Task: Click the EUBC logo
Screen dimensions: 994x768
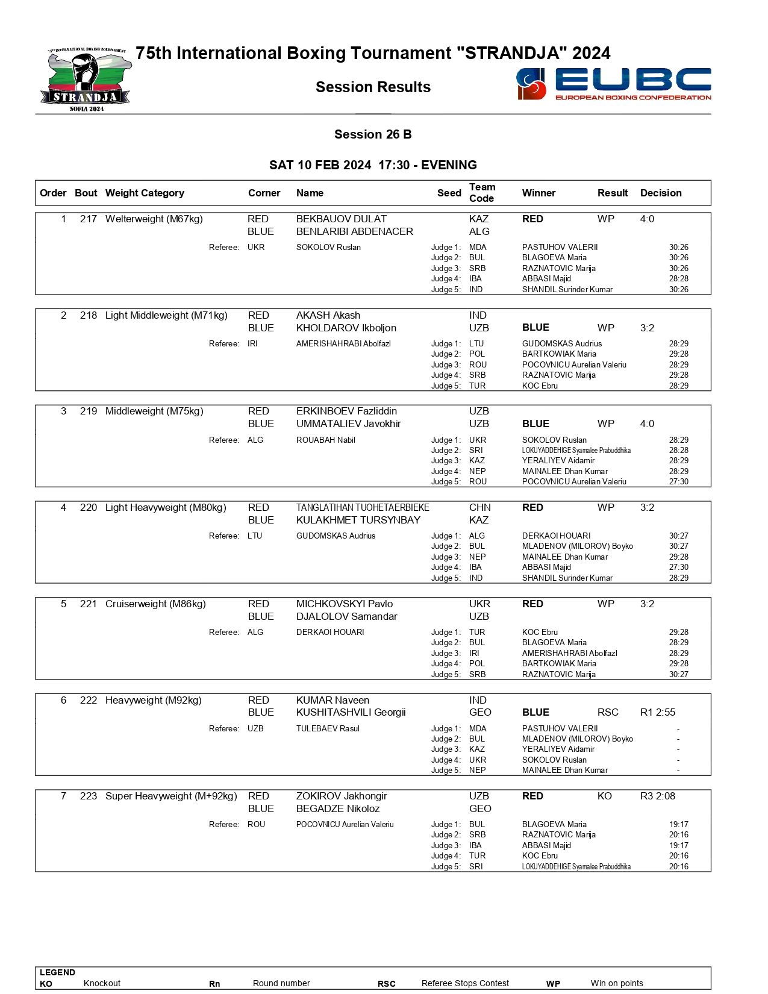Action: click(613, 84)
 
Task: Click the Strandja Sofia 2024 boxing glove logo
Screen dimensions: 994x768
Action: click(87, 80)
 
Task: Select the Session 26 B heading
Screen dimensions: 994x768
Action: click(373, 134)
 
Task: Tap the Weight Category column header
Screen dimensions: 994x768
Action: click(145, 193)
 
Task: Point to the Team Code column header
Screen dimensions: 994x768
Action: click(482, 193)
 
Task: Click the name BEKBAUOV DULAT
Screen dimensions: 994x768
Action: click(341, 219)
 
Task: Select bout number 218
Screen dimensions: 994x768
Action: click(89, 315)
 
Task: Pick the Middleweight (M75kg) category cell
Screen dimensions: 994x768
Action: click(154, 411)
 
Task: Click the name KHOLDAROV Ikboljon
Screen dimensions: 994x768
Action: click(346, 328)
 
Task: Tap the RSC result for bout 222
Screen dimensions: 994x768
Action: click(608, 712)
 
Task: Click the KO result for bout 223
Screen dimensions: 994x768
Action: click(604, 796)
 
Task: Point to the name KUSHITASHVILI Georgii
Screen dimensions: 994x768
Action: click(351, 712)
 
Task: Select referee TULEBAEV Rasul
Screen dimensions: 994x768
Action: click(328, 728)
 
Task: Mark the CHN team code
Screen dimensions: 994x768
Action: click(479, 507)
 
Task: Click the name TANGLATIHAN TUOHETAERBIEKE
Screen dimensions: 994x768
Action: click(363, 507)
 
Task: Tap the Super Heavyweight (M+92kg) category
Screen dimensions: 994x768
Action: click(171, 796)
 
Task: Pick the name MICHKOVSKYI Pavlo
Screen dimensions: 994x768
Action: click(344, 604)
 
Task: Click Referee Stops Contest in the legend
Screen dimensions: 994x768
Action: click(465, 983)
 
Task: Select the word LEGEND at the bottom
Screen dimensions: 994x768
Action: click(57, 972)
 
